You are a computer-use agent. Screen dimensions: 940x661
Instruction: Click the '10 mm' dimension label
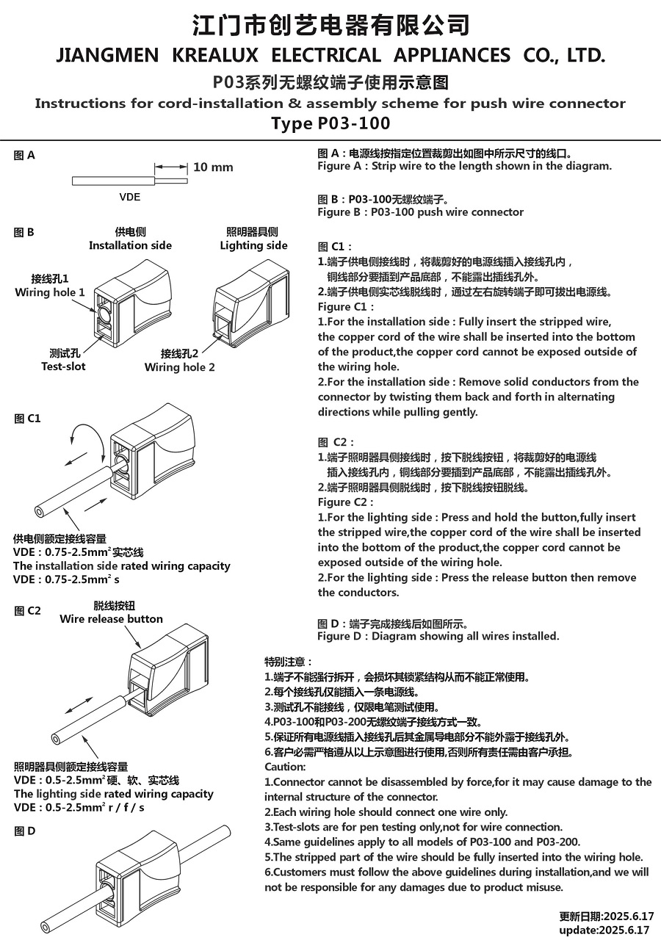(213, 167)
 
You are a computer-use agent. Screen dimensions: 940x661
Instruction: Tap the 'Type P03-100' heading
(330, 123)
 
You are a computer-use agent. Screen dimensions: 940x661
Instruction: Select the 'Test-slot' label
(63, 366)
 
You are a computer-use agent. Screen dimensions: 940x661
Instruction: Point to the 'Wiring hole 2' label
(180, 366)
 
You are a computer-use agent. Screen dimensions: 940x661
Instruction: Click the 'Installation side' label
(130, 245)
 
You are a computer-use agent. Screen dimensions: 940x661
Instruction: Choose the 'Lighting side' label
(253, 245)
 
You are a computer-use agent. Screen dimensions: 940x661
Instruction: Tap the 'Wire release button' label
(112, 619)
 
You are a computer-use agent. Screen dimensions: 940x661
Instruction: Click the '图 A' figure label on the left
(24, 155)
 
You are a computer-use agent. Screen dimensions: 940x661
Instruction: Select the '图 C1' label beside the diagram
(27, 419)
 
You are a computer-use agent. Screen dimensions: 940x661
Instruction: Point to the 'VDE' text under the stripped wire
(130, 198)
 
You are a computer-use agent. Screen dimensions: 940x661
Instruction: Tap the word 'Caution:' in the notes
(284, 767)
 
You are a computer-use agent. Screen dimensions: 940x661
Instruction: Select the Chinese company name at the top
(330, 25)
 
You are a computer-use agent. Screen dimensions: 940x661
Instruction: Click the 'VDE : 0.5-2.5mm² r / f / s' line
(79, 808)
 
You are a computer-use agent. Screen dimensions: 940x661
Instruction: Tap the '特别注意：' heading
(289, 662)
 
